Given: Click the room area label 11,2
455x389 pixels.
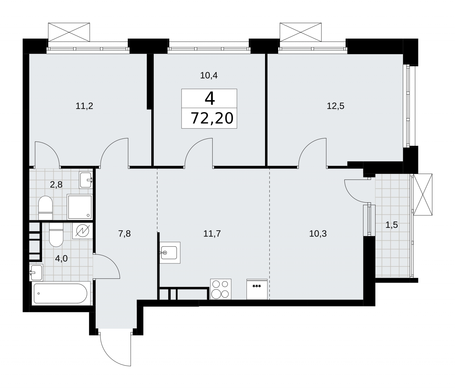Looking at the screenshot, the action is tap(84, 106).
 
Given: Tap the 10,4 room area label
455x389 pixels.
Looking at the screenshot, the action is tap(209, 75).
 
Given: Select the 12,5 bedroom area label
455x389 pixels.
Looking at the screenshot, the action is tap(336, 106).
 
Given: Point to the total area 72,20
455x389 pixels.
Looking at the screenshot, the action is tap(212, 118).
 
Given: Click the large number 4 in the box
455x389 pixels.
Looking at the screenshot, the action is tap(210, 98).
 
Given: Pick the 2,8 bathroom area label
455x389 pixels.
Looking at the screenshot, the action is tap(56, 185).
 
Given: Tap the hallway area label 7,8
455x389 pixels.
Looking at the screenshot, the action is tap(125, 234).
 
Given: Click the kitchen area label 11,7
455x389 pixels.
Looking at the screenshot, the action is tap(212, 234).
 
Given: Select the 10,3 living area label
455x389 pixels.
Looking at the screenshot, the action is tap(318, 234).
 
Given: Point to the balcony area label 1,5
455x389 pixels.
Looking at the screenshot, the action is tap(392, 225).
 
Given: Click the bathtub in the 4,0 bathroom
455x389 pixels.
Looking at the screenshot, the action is tap(61, 293).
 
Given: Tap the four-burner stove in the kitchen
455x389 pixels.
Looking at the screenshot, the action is tap(221, 289).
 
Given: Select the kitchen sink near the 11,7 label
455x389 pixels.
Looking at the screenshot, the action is tap(170, 252).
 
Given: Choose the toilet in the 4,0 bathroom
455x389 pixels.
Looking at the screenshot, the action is tap(56, 234).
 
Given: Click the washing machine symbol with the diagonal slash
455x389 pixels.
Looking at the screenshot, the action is tap(82, 230).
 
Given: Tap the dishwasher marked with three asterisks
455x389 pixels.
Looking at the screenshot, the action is tap(257, 289).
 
